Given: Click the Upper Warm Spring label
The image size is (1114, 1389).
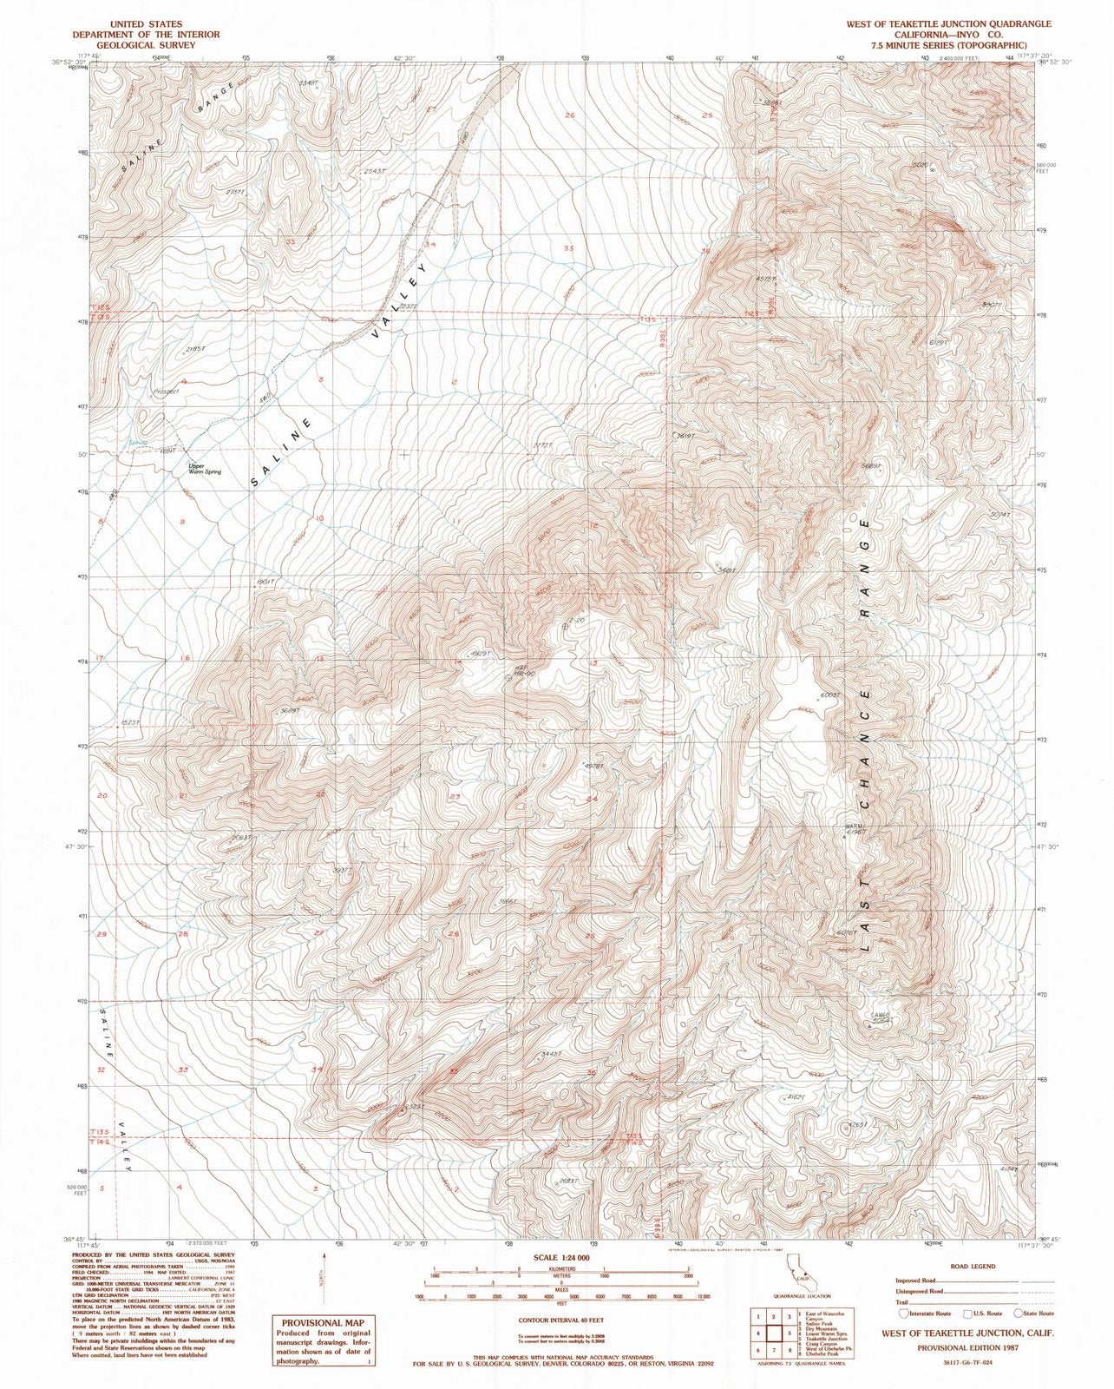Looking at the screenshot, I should [205, 469].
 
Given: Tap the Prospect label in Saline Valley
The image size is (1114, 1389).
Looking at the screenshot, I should [166, 392].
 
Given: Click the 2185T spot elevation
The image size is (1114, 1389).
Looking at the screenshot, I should [196, 349].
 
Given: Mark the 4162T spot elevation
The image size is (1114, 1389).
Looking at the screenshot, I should [795, 1097].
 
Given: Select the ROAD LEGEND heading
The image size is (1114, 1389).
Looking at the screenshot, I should [975, 1267].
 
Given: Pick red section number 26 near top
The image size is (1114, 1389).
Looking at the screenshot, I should [570, 115].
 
